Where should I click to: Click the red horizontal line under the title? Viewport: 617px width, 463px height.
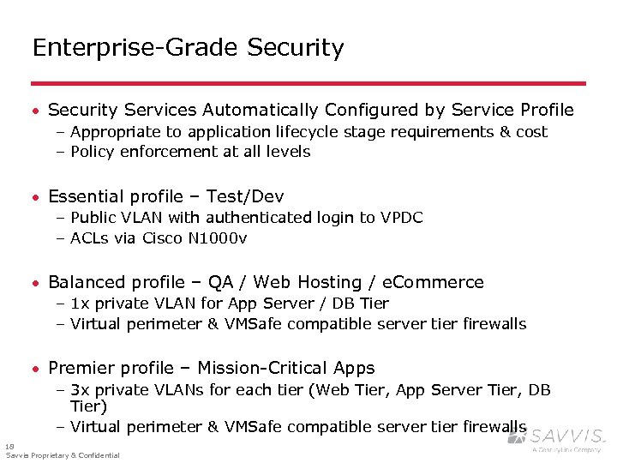click(308, 83)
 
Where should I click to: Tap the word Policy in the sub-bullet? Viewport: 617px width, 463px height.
click(94, 152)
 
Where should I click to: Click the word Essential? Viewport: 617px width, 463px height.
click(89, 196)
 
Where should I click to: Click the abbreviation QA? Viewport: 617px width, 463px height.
click(218, 282)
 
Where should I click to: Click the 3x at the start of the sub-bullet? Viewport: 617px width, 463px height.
click(81, 390)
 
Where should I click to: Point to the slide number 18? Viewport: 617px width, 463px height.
click(9, 446)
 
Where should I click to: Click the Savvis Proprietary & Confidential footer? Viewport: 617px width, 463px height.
click(63, 455)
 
